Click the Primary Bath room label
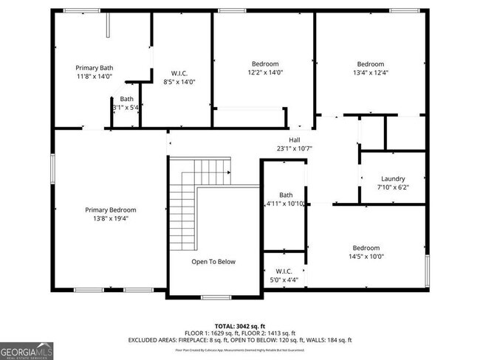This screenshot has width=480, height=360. coord(94,68)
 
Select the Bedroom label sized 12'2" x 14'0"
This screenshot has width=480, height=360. coord(265,72)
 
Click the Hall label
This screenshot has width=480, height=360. coord(294,139)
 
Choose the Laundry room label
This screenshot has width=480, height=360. coord(392,179)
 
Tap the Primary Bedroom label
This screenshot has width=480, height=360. coord(110,210)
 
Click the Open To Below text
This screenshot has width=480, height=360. coord(213,261)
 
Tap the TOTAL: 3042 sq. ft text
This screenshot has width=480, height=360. coord(240,325)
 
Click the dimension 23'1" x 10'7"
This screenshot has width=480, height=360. coord(294,148)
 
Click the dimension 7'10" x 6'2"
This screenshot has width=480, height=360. coord(392,187)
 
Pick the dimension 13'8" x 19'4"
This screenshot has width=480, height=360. coord(110,219)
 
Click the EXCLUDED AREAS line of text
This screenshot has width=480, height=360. coord(240,340)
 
